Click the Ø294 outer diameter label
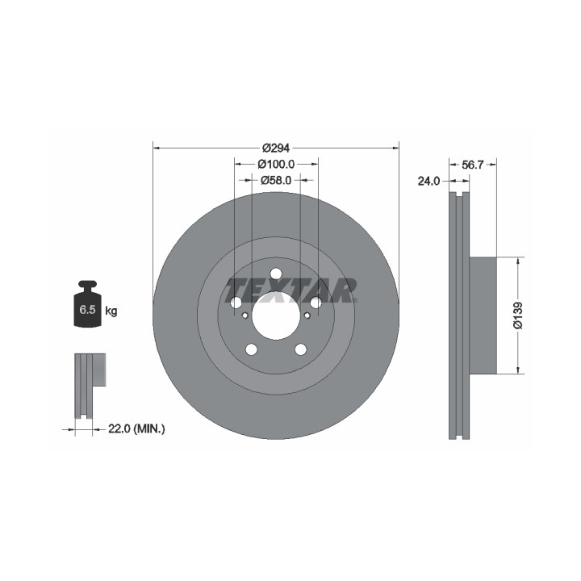[276, 148]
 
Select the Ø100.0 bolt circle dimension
[277, 164]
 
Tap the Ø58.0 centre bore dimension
[276, 181]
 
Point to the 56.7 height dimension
[472, 165]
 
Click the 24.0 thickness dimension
[428, 182]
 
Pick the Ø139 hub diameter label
[518, 316]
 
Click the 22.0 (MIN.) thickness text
[136, 429]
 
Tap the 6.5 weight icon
[87, 304]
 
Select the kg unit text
[111, 311]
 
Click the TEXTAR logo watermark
[290, 290]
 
